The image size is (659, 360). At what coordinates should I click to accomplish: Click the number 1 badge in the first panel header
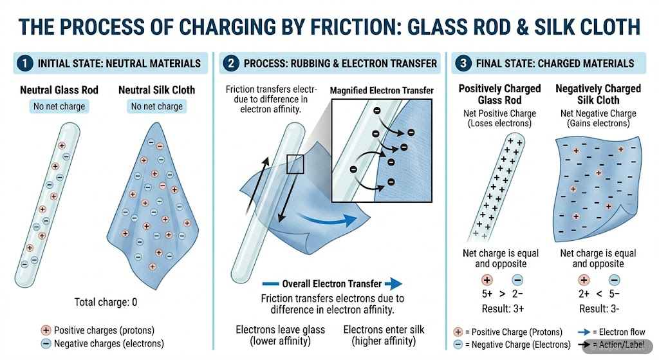click(x=24, y=63)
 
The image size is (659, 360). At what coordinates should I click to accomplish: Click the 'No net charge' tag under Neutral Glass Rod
click(x=59, y=106)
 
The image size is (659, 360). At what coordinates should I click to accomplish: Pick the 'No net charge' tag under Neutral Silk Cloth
click(x=157, y=106)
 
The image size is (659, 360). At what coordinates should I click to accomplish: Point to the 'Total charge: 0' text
click(x=106, y=301)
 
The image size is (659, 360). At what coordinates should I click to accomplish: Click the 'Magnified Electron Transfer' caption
click(x=382, y=91)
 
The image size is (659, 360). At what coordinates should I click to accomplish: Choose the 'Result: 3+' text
click(x=494, y=308)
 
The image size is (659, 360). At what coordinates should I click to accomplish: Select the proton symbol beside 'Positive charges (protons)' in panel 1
click(x=46, y=330)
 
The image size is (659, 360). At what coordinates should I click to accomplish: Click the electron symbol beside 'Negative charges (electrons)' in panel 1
click(x=46, y=343)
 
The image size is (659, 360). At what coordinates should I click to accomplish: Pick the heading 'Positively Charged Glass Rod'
click(x=499, y=94)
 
